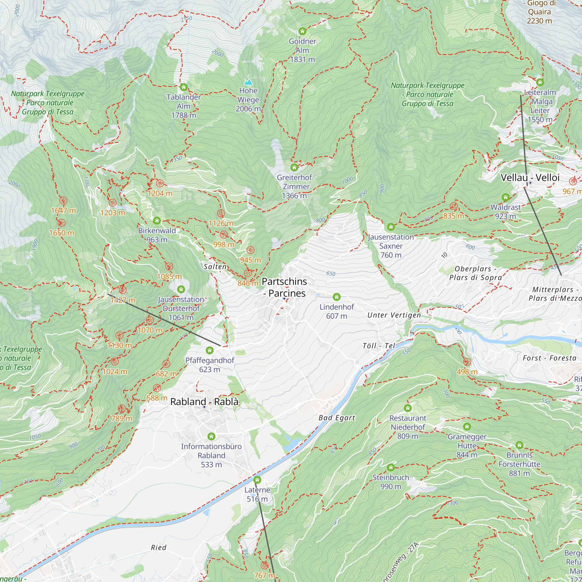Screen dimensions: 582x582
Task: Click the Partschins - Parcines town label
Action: (x=284, y=287)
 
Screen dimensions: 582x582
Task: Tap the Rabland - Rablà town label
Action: (x=205, y=402)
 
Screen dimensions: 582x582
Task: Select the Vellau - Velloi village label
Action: (x=530, y=178)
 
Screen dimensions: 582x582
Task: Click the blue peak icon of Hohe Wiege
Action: (x=248, y=82)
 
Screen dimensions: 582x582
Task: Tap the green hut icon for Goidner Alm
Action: (x=302, y=31)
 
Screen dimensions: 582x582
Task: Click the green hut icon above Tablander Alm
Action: (x=184, y=87)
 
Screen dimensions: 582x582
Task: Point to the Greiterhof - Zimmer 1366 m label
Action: (x=294, y=187)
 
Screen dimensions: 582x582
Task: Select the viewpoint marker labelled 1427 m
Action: (x=122, y=290)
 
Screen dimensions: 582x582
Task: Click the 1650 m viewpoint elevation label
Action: (x=62, y=233)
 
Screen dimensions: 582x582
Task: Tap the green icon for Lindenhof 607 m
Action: (x=336, y=297)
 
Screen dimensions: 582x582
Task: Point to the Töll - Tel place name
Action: (x=379, y=346)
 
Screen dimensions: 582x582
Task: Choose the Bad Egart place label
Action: (x=337, y=418)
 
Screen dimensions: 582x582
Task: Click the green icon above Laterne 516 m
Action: (x=257, y=480)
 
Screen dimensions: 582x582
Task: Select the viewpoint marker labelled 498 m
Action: (x=467, y=362)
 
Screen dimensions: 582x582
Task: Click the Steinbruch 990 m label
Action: (x=391, y=482)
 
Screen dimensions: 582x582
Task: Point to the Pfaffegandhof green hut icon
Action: (x=210, y=350)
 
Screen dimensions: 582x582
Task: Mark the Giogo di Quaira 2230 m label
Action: (x=539, y=12)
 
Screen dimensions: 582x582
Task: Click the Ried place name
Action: (x=159, y=548)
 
